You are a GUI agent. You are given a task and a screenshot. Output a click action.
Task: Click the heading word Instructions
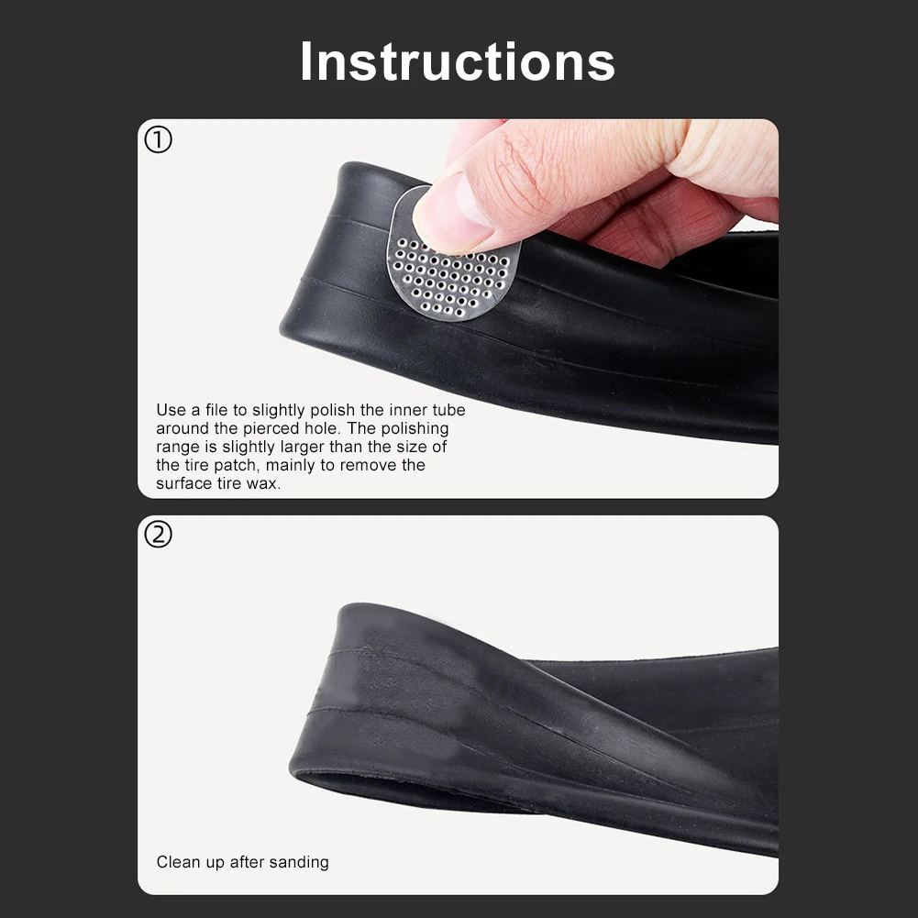458,61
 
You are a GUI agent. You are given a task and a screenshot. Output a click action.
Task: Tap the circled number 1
158,140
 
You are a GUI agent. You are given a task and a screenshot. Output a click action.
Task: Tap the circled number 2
158,534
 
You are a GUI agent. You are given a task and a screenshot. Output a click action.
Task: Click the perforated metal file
452,258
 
